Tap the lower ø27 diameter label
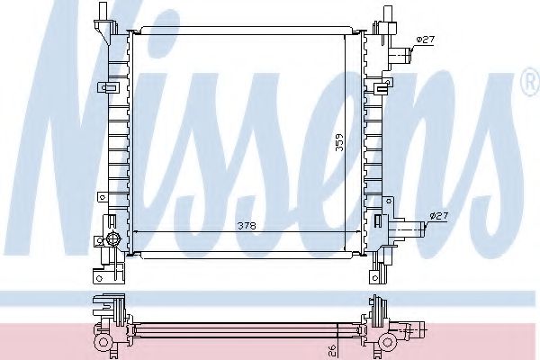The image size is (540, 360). coord(438,215)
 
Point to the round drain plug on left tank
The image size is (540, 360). coord(112,238)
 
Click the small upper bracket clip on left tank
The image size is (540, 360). coord(110,87)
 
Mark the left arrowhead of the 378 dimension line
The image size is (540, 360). coord(134,232)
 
